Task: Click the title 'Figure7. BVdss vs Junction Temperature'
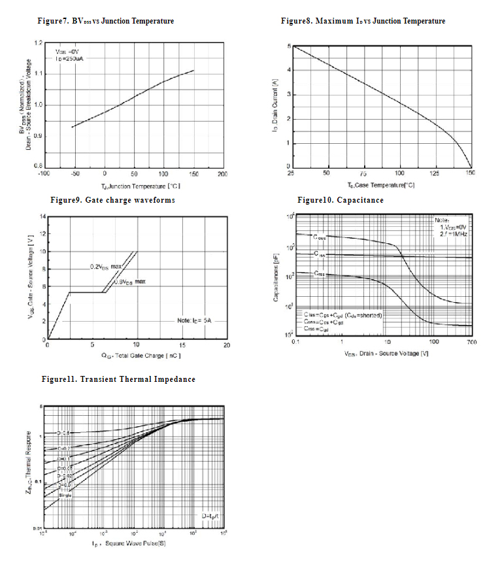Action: coord(105,21)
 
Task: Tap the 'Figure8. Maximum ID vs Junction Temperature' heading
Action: coord(363,21)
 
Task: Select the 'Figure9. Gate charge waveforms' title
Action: coord(112,200)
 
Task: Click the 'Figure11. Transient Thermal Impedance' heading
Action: coord(118,379)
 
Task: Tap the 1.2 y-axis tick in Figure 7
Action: coord(39,43)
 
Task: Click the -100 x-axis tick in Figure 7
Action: coord(44,174)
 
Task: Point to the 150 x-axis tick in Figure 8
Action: coord(471,173)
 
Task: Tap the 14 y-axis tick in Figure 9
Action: coord(42,216)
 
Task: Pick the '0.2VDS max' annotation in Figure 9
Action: coord(106,267)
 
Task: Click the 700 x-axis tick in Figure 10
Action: coord(471,342)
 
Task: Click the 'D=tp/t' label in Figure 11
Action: coord(210,517)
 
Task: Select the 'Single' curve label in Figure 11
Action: coord(65,495)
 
